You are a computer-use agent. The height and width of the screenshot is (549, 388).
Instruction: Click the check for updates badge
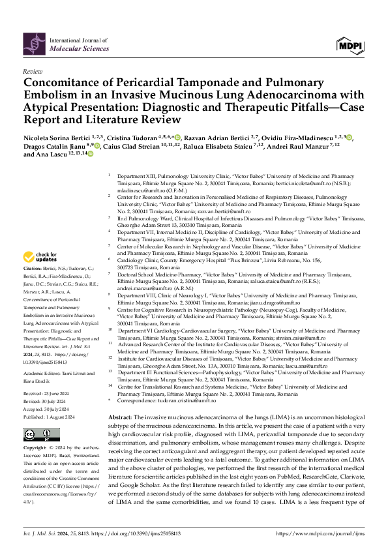click(x=41, y=257)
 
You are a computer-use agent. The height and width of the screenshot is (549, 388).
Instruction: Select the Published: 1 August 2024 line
click(x=52, y=396)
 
